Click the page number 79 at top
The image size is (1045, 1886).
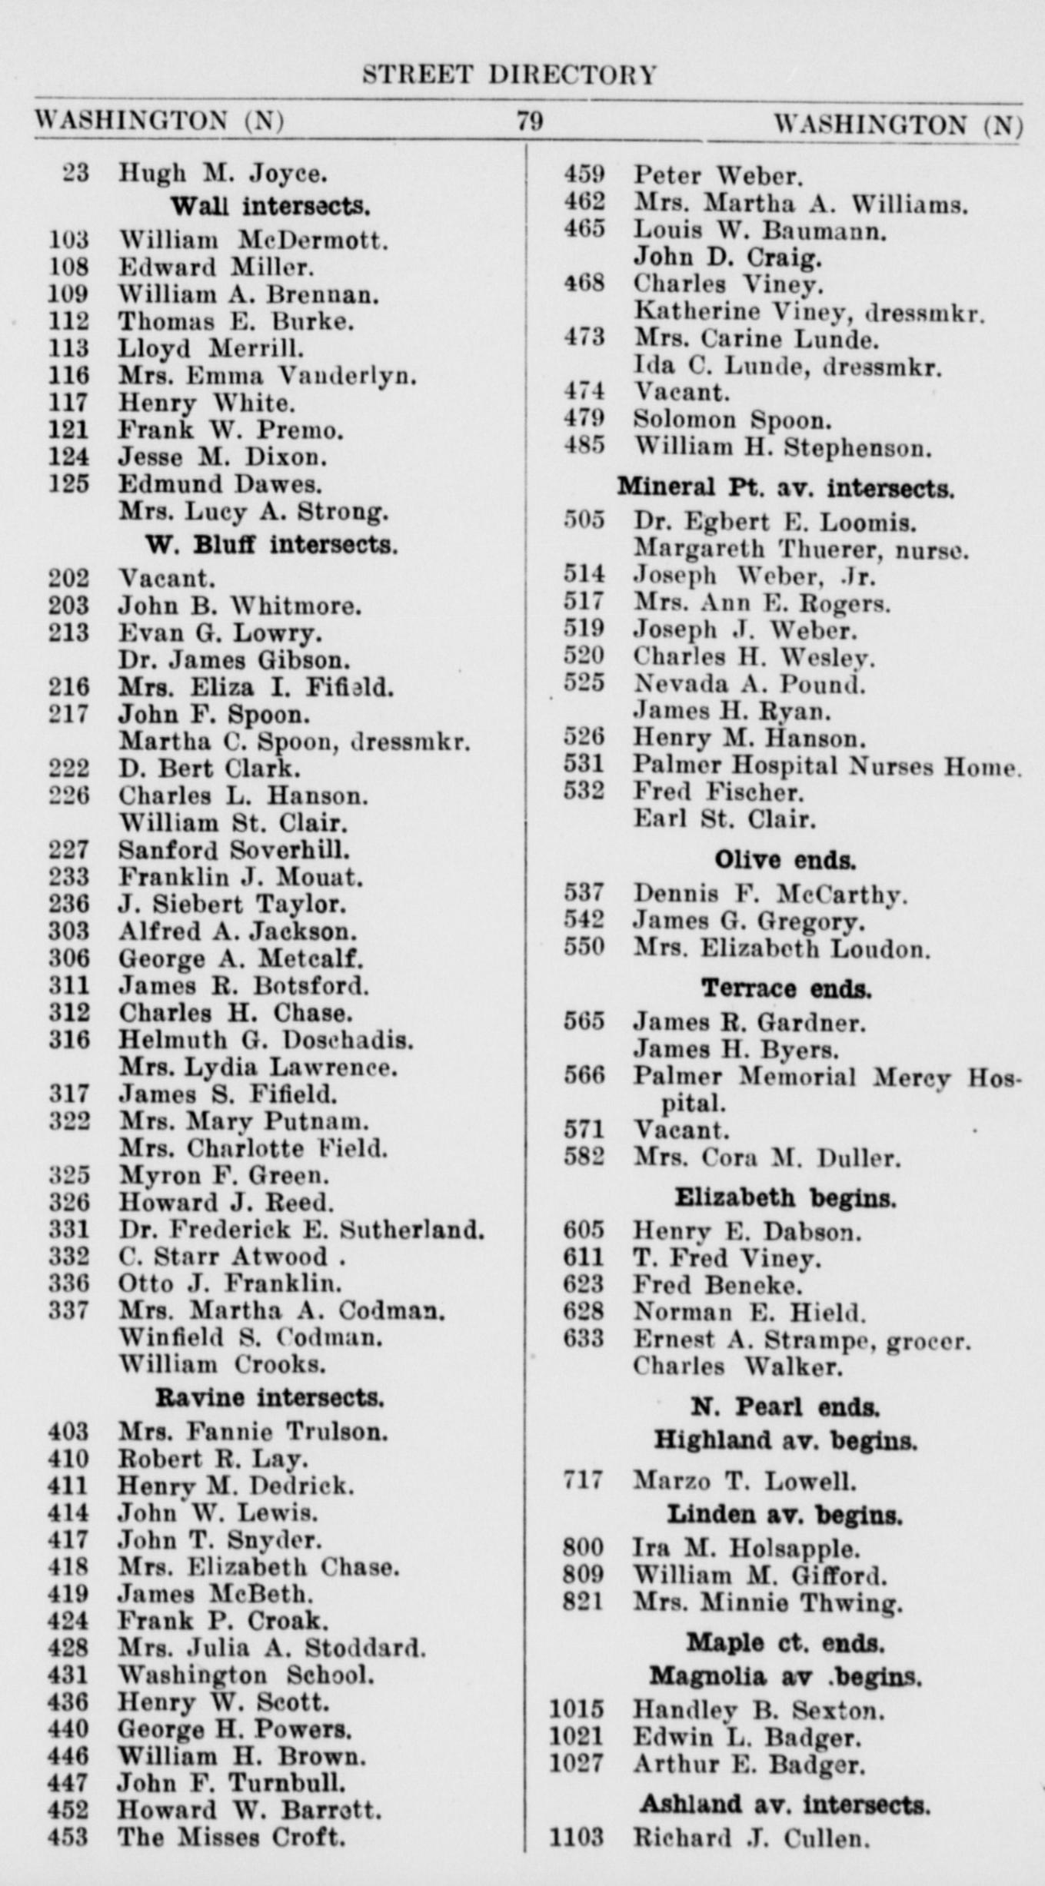click(530, 121)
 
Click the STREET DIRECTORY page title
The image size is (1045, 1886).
click(510, 75)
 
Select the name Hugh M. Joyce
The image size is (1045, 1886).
click(222, 174)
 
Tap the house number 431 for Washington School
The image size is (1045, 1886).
click(68, 1675)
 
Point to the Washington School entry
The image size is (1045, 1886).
click(245, 1675)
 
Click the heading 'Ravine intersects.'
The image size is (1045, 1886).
click(269, 1398)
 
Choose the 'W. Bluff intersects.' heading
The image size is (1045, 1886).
click(271, 545)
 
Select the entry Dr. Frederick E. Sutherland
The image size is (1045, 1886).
click(301, 1230)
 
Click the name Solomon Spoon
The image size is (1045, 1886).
click(732, 420)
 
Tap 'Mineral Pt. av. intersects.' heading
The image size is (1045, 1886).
click(785, 487)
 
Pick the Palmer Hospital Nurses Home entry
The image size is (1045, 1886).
click(827, 765)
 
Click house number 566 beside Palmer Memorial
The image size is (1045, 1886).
click(584, 1077)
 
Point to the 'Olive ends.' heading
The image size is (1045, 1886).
click(784, 859)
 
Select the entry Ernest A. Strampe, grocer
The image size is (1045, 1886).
click(802, 1340)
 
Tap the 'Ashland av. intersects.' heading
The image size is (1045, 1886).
click(784, 1804)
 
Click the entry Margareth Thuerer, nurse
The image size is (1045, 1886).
click(800, 550)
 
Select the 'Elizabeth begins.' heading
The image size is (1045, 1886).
click(785, 1197)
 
